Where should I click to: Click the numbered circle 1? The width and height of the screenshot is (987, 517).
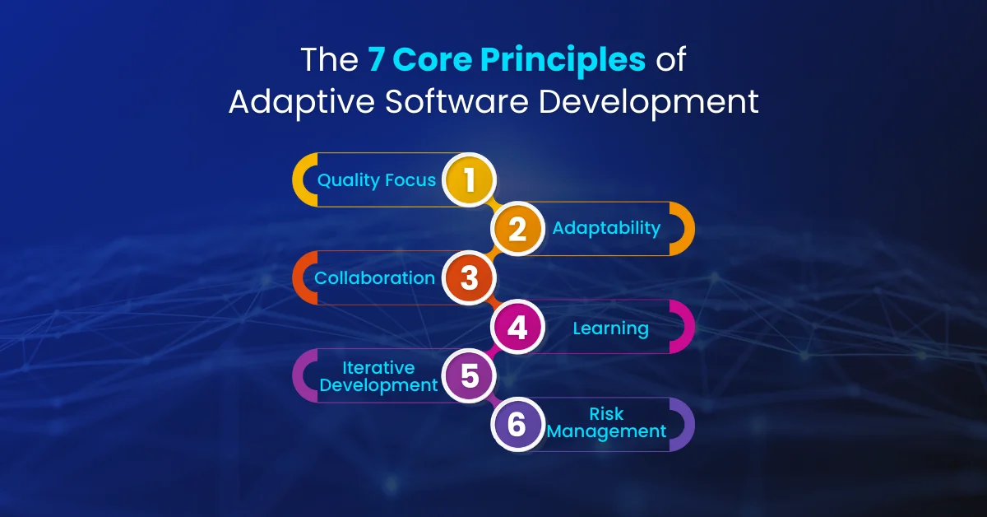tap(469, 179)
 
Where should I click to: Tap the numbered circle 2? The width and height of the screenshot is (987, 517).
tap(517, 228)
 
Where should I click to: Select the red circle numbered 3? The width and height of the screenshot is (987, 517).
tap(469, 277)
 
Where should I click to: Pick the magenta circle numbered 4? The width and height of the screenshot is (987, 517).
tap(517, 328)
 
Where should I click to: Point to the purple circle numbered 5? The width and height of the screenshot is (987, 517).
tap(469, 376)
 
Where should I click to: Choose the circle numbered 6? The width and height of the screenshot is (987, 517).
tap(517, 425)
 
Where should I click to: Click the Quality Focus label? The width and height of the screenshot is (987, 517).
tap(377, 179)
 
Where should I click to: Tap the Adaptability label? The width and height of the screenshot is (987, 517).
tap(606, 228)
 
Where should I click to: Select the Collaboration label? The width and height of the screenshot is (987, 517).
tap(374, 278)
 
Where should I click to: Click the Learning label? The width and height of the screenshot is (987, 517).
tap(610, 328)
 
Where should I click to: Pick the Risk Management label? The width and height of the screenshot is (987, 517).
tap(606, 423)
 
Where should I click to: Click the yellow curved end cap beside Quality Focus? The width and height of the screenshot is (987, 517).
tap(302, 179)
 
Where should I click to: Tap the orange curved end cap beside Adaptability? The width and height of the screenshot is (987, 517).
tap(684, 228)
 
